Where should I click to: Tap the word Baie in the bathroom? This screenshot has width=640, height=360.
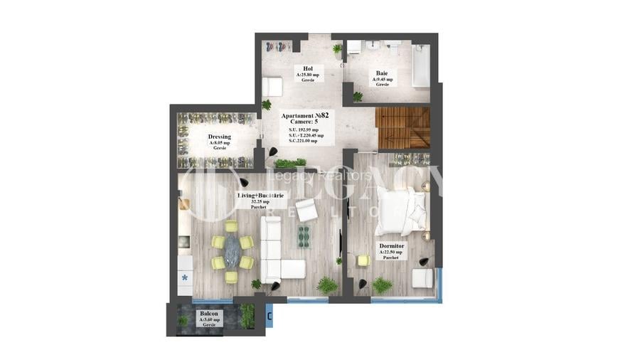(382, 73)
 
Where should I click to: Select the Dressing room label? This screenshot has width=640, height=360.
(219, 137)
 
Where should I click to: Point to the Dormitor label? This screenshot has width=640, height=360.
(391, 246)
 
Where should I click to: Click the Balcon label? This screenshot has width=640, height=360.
(208, 314)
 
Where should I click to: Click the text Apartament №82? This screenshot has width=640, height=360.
(305, 115)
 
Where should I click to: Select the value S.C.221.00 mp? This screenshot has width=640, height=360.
(306, 141)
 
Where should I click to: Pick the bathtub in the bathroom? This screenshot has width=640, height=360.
(421, 65)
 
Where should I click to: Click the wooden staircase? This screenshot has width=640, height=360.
(403, 127)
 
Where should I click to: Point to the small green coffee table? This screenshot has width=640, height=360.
(304, 235)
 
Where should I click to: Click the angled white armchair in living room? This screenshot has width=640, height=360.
(306, 210)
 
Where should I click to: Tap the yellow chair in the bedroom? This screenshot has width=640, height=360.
(363, 260)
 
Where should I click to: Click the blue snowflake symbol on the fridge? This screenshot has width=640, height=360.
(185, 277)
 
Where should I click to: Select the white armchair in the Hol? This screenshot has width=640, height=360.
(272, 88)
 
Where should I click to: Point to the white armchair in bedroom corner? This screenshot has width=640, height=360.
(422, 277)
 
